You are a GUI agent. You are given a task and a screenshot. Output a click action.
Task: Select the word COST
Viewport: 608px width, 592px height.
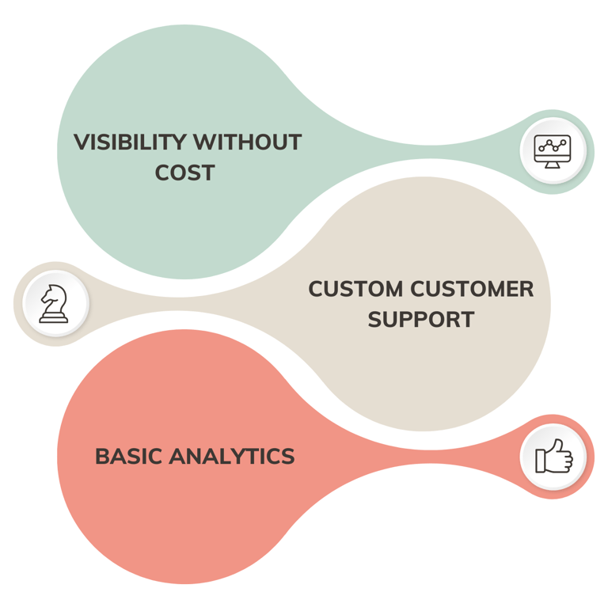184,173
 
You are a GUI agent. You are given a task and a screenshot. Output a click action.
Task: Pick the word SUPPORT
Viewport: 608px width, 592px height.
420,319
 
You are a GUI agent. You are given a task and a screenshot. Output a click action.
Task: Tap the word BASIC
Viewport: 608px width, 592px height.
129,457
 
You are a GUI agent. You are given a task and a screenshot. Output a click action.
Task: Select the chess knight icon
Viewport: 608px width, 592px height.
54,303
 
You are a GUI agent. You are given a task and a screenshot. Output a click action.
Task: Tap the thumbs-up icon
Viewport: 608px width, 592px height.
553,457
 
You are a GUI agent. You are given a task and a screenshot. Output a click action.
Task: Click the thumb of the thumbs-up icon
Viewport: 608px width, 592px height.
557,448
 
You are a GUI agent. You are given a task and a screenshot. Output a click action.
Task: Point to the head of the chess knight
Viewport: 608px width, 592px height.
53,294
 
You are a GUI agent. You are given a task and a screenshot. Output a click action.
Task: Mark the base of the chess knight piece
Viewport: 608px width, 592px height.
54,318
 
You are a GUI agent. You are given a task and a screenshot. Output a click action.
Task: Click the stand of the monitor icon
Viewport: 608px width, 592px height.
552,161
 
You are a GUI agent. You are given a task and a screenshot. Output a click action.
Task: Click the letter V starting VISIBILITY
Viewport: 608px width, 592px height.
80,142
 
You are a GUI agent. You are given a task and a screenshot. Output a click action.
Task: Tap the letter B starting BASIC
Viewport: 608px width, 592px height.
101,457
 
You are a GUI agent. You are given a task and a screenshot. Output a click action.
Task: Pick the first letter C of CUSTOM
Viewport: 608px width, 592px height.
315,289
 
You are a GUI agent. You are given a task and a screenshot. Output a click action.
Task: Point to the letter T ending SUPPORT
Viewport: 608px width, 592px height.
467,319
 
